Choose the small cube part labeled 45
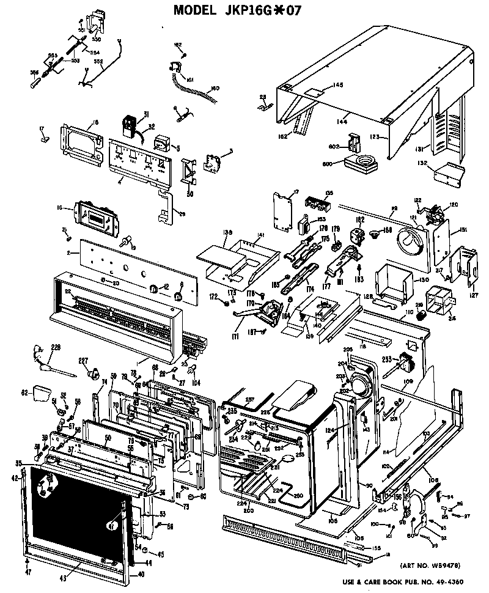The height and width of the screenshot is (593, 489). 144,554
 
